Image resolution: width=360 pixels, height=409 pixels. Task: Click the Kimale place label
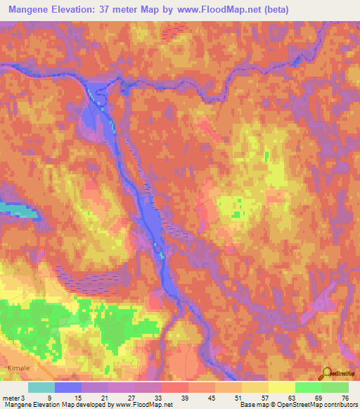(x=15, y=367)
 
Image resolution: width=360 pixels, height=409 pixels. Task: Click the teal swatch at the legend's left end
(x=41, y=387)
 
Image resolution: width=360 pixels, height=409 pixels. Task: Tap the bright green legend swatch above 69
(x=309, y=387)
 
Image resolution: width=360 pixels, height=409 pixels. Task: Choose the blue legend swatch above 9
(x=68, y=387)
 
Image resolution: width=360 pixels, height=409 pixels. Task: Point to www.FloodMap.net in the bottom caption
(x=143, y=405)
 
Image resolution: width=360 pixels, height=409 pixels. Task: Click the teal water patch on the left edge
(x=14, y=209)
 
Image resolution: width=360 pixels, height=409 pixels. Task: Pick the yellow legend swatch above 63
(x=282, y=387)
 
